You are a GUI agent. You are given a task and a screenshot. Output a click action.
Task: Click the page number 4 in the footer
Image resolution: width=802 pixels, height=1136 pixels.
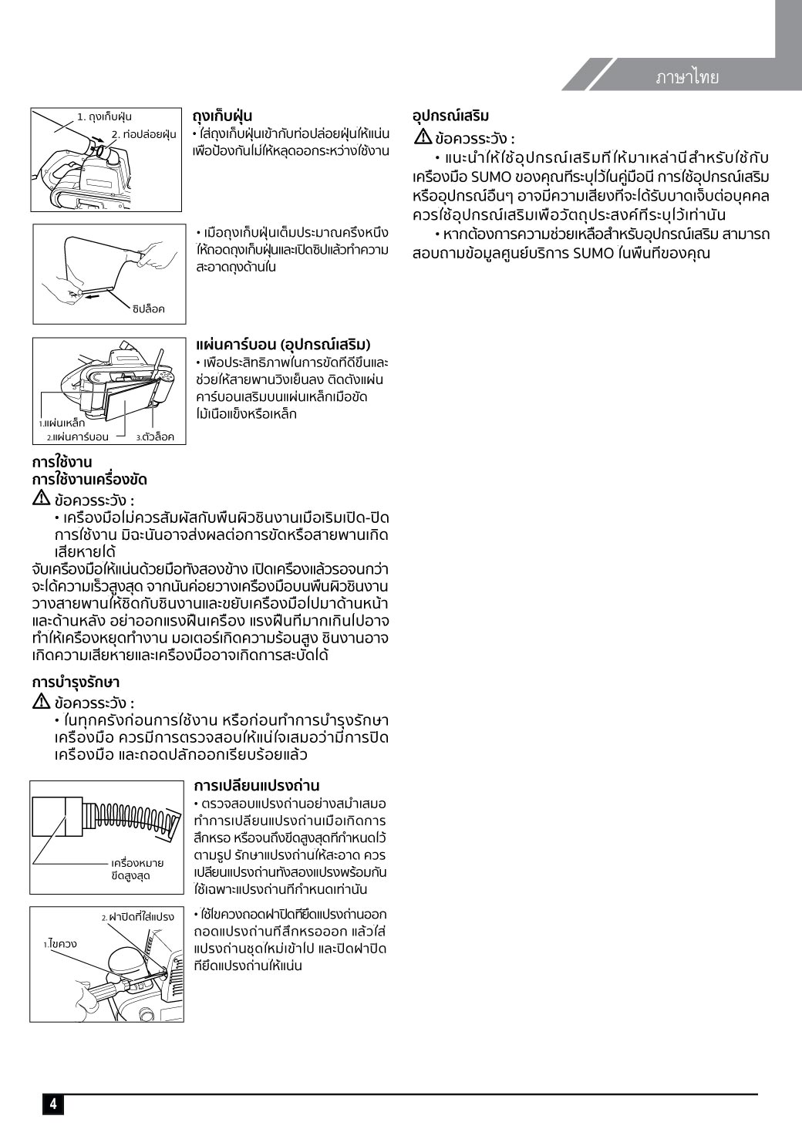click(52, 1104)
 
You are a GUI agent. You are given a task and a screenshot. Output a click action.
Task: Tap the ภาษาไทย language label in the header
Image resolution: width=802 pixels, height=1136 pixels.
click(687, 77)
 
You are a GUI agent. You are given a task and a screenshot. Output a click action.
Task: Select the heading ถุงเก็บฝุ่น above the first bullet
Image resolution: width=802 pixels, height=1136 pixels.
click(222, 116)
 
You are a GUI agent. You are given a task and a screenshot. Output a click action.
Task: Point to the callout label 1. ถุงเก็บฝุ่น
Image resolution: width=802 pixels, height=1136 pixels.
click(104, 117)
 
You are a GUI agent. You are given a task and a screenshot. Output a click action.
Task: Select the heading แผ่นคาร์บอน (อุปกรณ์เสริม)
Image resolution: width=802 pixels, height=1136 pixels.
click(283, 344)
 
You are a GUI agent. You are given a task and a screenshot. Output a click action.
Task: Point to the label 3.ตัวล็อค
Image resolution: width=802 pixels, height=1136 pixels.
click(155, 437)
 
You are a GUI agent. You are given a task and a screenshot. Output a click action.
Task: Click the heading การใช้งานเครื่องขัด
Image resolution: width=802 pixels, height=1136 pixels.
click(89, 480)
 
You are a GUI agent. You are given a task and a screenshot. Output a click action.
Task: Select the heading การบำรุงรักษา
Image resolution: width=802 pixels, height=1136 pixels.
click(76, 683)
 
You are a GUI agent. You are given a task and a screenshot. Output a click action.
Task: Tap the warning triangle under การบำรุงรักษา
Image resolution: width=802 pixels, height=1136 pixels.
click(42, 702)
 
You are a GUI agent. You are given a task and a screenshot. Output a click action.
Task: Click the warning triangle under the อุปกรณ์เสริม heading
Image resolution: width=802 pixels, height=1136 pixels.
click(423, 138)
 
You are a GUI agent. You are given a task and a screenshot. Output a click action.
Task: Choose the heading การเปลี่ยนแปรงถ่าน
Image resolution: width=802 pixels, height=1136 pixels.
click(257, 786)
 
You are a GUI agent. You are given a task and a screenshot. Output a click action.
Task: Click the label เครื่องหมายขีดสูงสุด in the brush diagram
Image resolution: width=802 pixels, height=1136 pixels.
click(137, 869)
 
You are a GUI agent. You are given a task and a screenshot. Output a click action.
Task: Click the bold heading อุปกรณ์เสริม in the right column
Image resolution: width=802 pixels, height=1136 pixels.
click(450, 116)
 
